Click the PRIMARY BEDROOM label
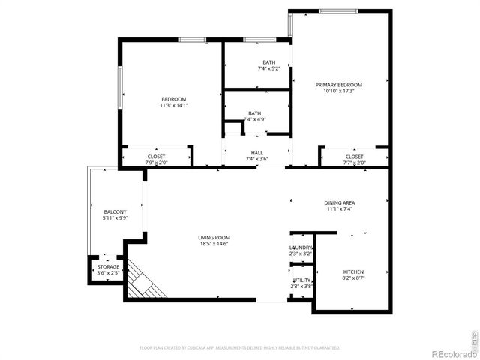coord(338,85)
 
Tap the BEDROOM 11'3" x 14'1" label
coord(173,99)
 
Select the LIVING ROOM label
coord(214,238)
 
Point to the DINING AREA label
coord(339,202)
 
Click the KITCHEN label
coord(353,271)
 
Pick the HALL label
coord(256,153)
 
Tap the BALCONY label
coord(115,211)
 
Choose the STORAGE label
coord(108,266)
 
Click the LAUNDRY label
coord(301,247)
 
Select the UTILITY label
coord(301,280)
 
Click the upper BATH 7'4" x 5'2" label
coord(268,62)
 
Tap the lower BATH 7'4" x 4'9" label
coord(255,113)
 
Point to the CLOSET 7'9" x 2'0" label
coord(156,157)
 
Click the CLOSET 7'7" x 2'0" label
coord(354,157)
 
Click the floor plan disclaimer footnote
coord(240,347)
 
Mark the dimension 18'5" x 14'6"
coord(214,244)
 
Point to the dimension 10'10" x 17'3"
coord(338,91)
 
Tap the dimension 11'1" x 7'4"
coord(339,208)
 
